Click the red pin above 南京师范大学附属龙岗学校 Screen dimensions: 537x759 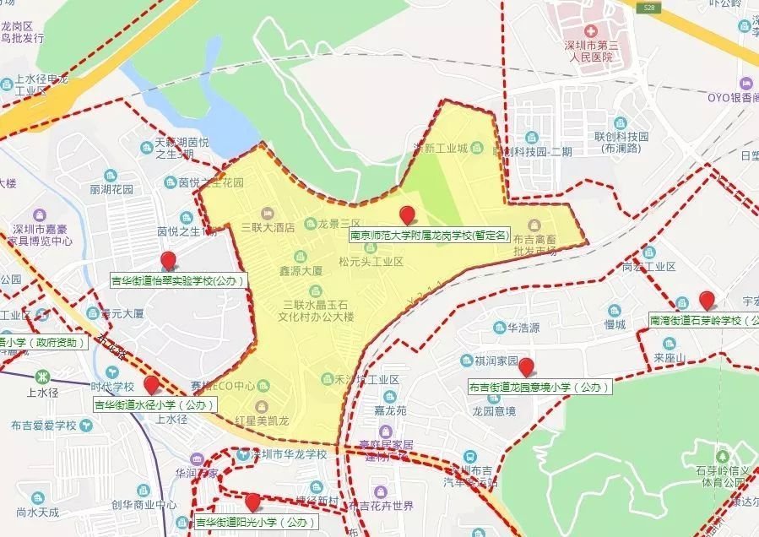click(x=407, y=215)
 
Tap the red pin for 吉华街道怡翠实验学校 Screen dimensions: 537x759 click(x=168, y=262)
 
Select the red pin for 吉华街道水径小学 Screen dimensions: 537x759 click(x=152, y=386)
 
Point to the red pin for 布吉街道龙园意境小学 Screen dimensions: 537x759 click(x=527, y=367)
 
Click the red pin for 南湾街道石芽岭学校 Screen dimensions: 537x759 click(x=707, y=301)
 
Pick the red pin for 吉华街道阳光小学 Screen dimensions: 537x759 click(x=252, y=502)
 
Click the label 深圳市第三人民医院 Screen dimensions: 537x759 click(x=590, y=51)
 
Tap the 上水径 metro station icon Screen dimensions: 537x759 click(x=41, y=376)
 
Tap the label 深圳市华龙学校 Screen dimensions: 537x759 click(x=285, y=453)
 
